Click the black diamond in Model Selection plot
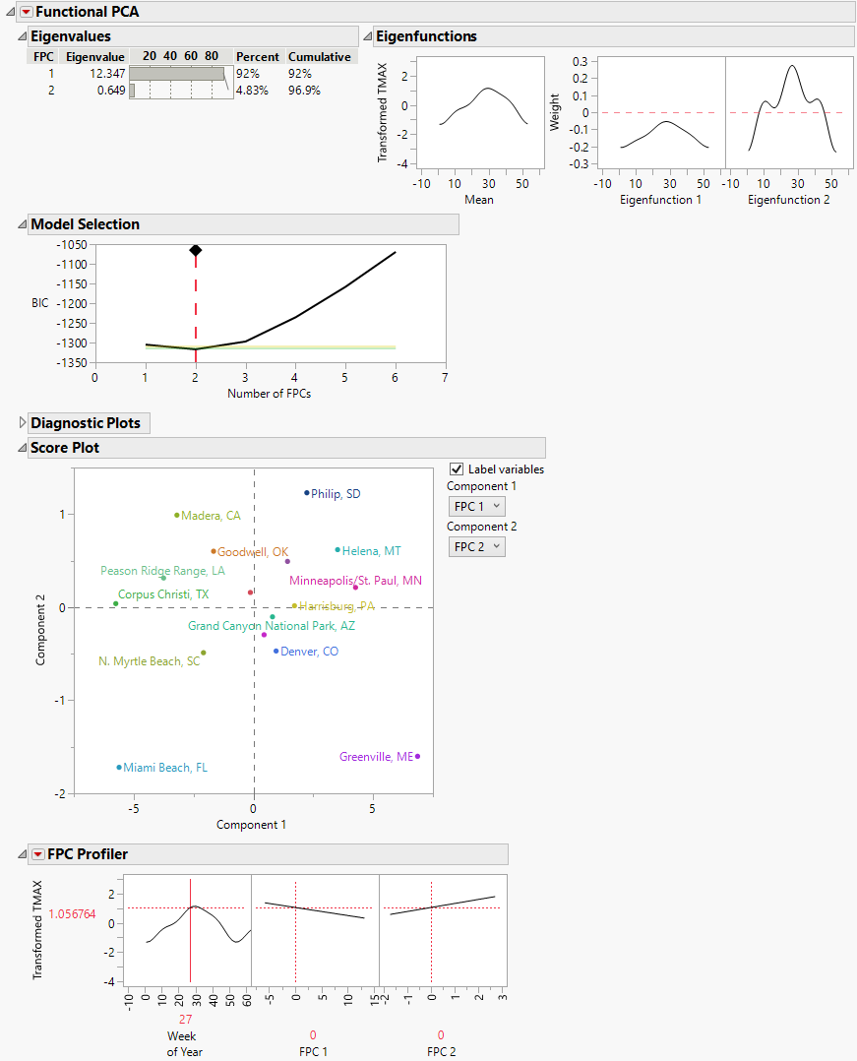(196, 251)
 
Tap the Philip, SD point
(307, 492)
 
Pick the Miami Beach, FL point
(119, 767)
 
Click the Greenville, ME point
(417, 756)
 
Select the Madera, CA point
(177, 515)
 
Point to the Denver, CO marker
(276, 651)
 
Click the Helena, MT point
(337, 550)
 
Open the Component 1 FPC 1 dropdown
(476, 506)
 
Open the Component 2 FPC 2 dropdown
(476, 546)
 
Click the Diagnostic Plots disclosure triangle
(23, 423)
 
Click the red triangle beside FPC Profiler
(37, 854)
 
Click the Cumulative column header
(319, 57)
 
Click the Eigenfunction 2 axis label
(783, 200)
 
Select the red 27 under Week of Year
(185, 1019)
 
